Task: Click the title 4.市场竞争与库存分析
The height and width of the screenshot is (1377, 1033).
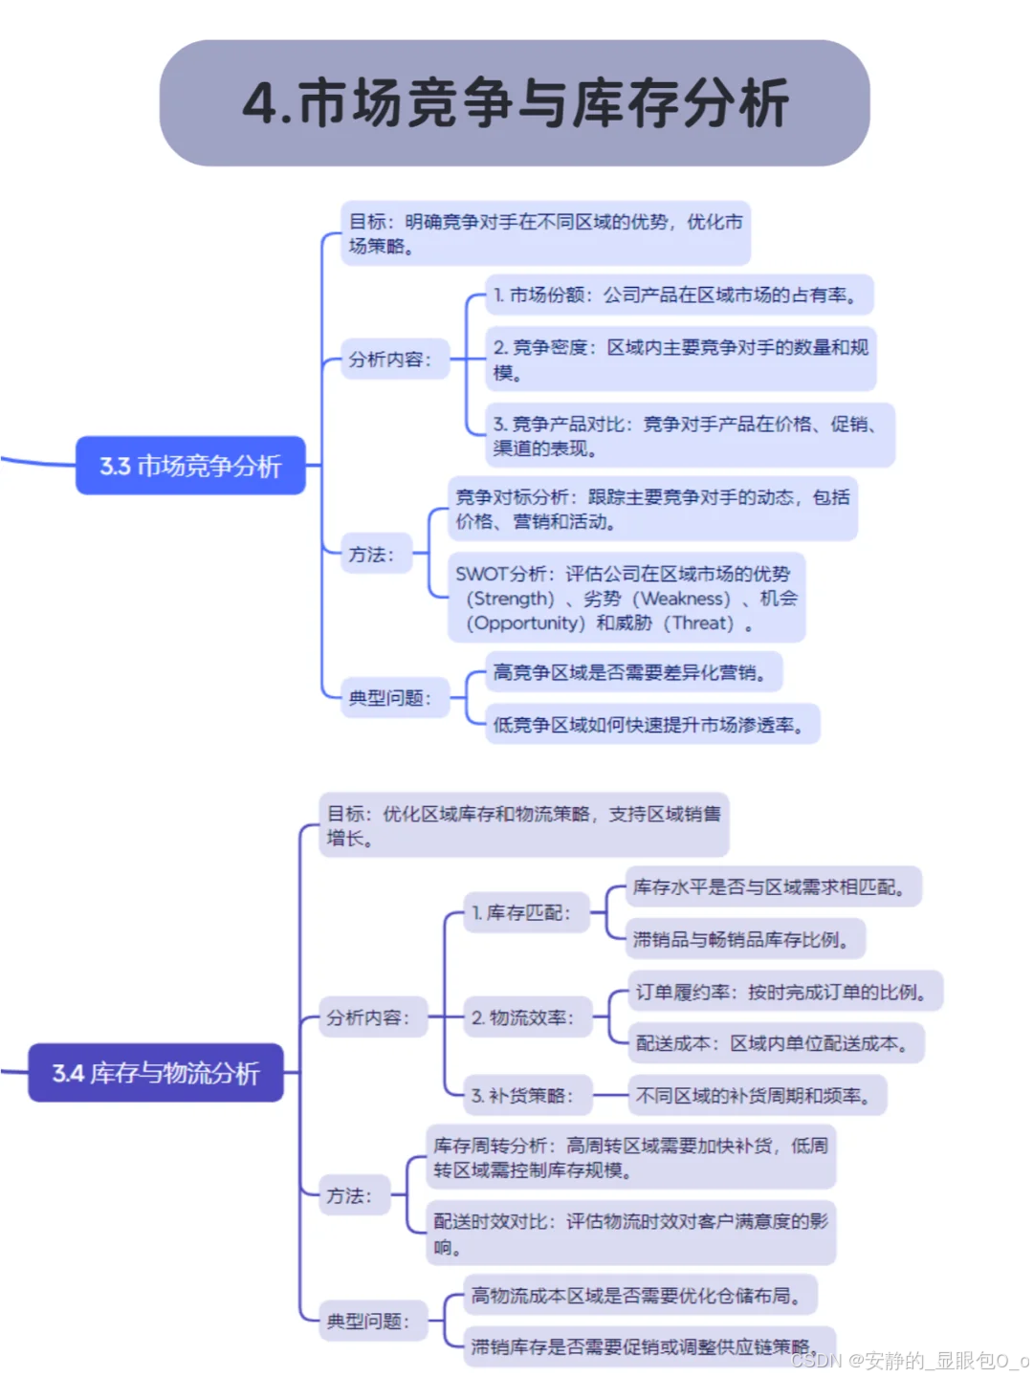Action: click(x=515, y=103)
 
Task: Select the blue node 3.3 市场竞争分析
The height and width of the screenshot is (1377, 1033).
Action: click(x=190, y=466)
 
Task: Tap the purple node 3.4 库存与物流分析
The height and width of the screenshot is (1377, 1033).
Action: click(x=156, y=1073)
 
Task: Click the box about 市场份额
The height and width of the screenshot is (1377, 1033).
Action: click(x=679, y=295)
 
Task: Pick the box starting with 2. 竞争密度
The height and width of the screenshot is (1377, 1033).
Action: click(x=680, y=360)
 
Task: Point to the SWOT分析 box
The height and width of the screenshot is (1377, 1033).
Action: click(x=626, y=598)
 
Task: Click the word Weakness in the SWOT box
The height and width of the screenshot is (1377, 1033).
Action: click(x=686, y=599)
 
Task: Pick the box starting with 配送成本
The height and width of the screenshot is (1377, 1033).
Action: click(x=776, y=1043)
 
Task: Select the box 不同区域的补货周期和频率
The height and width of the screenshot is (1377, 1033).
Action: click(x=757, y=1096)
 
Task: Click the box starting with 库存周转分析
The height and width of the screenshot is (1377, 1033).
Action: click(x=630, y=1157)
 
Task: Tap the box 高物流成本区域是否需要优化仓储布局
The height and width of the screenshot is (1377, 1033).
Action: click(x=640, y=1296)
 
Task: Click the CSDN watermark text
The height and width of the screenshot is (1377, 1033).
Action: click(x=910, y=1360)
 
